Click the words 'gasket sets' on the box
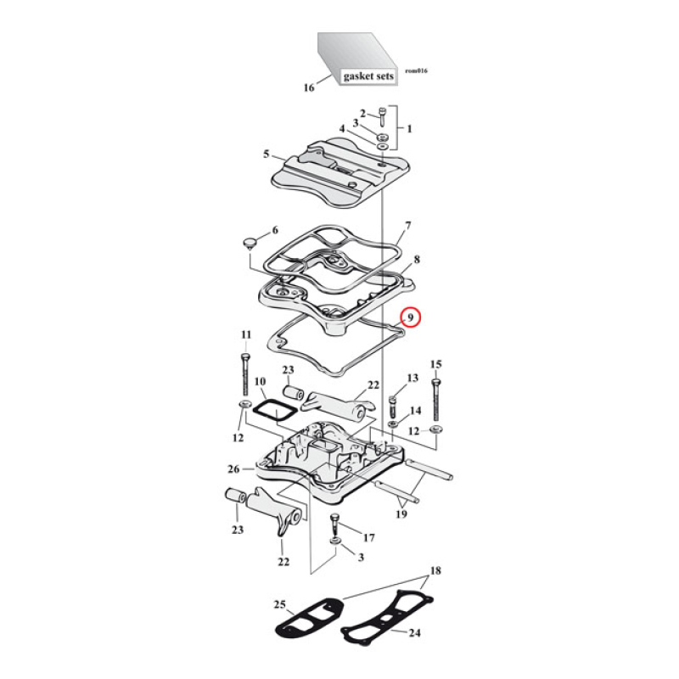[368, 76]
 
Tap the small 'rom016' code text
[416, 70]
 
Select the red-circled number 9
[410, 317]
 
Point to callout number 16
[309, 87]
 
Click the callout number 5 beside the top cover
[266, 154]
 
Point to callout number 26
[234, 469]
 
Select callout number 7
[407, 226]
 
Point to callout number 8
[417, 259]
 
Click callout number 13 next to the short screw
[413, 378]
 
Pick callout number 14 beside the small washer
[415, 410]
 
